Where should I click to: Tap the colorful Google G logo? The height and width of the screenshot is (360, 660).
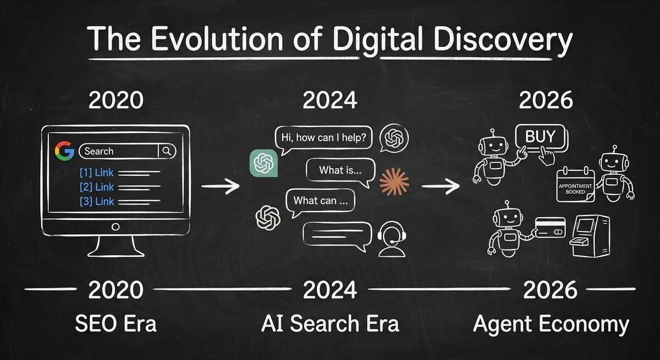pos(64,151)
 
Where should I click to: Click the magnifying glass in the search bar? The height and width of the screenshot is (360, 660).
pos(167,151)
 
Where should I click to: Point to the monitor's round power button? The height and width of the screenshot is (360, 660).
pos(116,226)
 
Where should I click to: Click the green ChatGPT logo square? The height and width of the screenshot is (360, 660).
pos(263,163)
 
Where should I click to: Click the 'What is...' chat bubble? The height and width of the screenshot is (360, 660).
pos(340,170)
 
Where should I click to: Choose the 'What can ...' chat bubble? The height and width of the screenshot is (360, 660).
pos(320,201)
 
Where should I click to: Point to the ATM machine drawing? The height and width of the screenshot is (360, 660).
pos(591,235)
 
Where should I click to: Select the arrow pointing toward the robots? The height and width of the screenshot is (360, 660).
pos(441,186)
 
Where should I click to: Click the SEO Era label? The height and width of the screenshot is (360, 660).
pos(116,324)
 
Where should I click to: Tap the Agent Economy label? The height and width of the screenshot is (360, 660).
pos(551,324)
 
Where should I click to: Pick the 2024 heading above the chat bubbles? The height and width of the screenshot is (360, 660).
pos(329,101)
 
